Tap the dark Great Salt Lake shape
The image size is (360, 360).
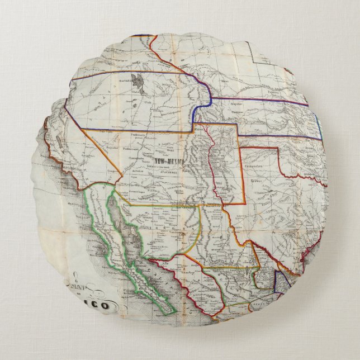tap(136, 83)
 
